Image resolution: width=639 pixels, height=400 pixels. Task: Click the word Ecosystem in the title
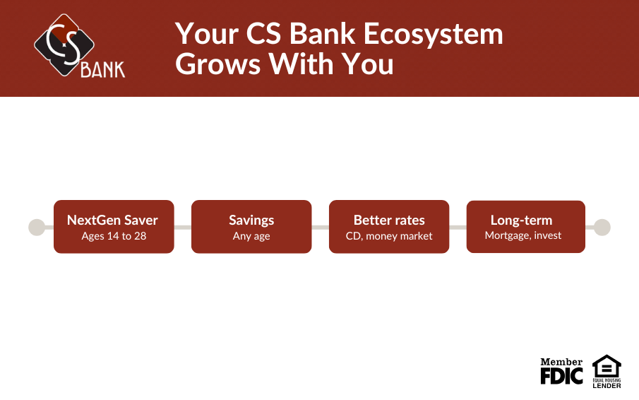tap(434, 34)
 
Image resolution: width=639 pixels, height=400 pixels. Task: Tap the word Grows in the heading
tap(218, 64)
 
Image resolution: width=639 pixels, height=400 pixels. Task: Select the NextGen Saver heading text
tap(112, 220)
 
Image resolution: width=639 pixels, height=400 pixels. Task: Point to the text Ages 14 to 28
tap(114, 236)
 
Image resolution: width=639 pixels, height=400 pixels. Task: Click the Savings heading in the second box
tap(251, 220)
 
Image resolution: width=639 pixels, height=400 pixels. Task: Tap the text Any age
tap(251, 237)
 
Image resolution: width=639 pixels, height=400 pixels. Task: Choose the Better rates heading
tap(389, 220)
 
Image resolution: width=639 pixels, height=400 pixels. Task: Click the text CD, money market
tap(389, 236)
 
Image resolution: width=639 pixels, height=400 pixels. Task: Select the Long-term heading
tap(522, 220)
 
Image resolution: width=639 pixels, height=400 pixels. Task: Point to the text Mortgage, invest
tap(523, 235)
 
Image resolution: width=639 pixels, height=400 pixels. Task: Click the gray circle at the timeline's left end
tap(37, 227)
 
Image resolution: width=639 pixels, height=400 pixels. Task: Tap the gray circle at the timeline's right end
tap(602, 227)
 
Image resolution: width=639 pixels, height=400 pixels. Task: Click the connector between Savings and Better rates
tap(321, 227)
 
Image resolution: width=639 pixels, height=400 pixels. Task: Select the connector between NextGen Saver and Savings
tap(183, 227)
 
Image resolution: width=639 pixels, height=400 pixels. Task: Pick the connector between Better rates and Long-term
tap(458, 227)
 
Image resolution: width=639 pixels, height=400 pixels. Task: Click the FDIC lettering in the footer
tap(561, 375)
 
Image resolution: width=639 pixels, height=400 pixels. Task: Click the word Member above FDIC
tap(561, 362)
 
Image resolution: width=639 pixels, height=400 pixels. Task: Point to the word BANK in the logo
tap(102, 70)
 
